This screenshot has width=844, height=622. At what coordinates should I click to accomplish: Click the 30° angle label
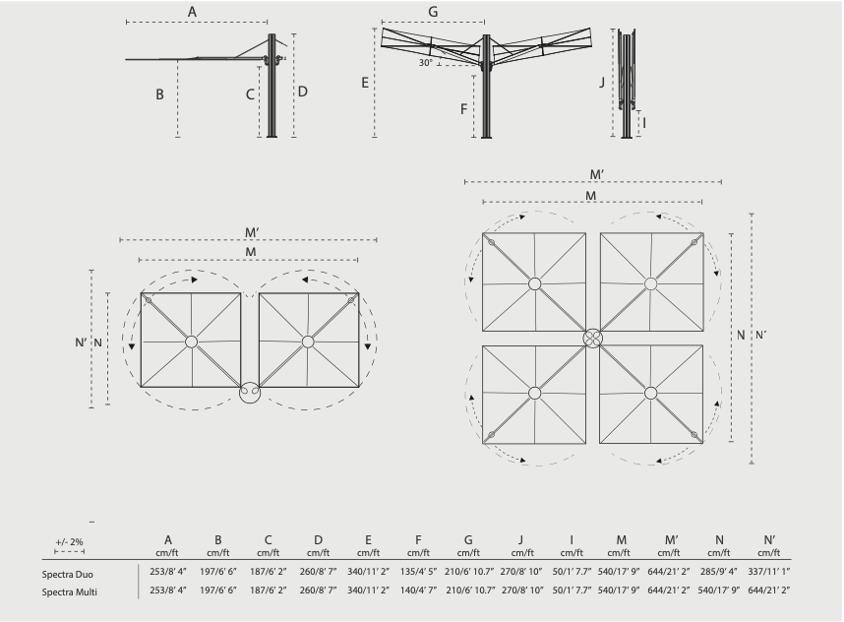tap(425, 63)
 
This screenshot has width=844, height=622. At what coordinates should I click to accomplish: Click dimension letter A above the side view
tap(192, 12)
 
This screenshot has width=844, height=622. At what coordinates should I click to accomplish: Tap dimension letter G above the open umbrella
tap(433, 12)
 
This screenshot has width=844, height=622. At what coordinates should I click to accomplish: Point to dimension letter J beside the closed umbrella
tap(602, 83)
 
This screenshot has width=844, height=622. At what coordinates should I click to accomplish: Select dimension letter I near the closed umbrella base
tap(644, 123)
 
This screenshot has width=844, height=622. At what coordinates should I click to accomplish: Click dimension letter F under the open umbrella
tap(463, 109)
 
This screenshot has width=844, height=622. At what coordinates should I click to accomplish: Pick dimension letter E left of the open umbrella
tap(365, 83)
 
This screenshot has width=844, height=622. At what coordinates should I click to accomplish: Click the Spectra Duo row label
tap(67, 575)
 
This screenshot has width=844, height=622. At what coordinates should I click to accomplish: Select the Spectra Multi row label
tap(70, 592)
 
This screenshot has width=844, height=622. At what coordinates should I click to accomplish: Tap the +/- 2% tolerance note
tap(70, 542)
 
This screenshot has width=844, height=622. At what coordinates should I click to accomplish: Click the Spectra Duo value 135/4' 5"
tap(418, 572)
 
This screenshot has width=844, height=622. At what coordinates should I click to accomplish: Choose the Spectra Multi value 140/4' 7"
tap(418, 591)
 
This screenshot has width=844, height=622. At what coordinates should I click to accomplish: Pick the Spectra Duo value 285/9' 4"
tap(719, 572)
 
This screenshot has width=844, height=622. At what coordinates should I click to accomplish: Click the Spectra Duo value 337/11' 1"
tap(768, 572)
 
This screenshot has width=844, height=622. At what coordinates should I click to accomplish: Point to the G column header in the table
tap(468, 540)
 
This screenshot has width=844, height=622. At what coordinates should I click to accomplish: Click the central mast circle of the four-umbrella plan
tap(592, 339)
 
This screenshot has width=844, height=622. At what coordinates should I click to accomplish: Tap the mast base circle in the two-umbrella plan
tap(250, 393)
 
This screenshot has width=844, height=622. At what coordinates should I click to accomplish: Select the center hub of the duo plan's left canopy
tap(191, 342)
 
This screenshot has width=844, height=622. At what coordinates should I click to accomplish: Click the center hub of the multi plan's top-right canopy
tap(651, 283)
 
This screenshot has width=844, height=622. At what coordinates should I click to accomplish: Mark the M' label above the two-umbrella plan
tap(252, 232)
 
